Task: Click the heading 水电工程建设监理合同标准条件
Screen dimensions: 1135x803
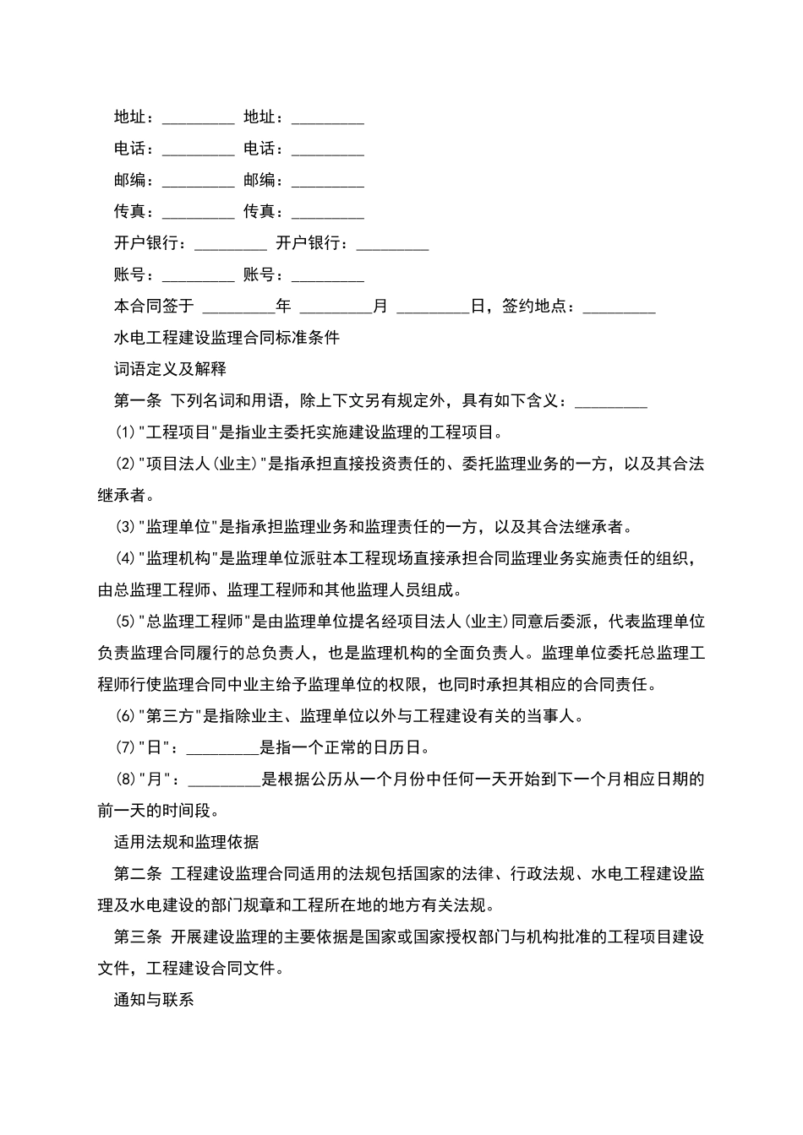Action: click(x=227, y=338)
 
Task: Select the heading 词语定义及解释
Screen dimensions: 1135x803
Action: click(x=170, y=369)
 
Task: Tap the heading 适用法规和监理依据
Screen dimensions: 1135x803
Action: click(x=186, y=842)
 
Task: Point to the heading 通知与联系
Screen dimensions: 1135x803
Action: click(x=154, y=1000)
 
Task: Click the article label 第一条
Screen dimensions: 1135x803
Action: click(x=137, y=401)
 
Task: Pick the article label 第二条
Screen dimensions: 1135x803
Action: click(x=137, y=874)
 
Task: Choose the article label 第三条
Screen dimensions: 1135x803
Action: click(x=137, y=937)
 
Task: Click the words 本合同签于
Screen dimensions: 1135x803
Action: click(x=154, y=306)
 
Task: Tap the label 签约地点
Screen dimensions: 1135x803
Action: click(x=534, y=306)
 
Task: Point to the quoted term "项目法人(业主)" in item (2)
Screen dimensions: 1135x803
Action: click(x=203, y=464)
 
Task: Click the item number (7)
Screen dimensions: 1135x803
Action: click(x=125, y=748)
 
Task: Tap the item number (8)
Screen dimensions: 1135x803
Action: click(x=125, y=779)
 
